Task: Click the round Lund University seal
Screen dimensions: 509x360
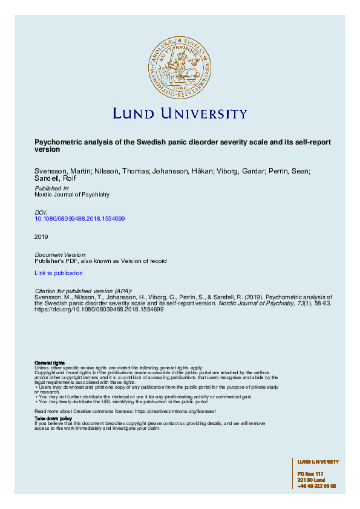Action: tap(180, 66)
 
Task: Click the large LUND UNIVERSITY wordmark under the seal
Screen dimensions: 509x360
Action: tap(180, 114)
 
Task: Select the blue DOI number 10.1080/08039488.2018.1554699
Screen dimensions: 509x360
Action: tap(80, 218)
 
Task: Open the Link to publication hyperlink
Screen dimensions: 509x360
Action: tap(59, 273)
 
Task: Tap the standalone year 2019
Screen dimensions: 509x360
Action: tap(41, 236)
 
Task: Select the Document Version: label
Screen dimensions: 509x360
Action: tap(61, 255)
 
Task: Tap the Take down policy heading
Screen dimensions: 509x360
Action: tap(53, 418)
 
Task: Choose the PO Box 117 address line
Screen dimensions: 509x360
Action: tap(311, 473)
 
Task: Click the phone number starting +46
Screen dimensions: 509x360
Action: tap(316, 485)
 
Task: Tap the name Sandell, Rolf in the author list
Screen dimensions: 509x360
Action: tap(52, 179)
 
